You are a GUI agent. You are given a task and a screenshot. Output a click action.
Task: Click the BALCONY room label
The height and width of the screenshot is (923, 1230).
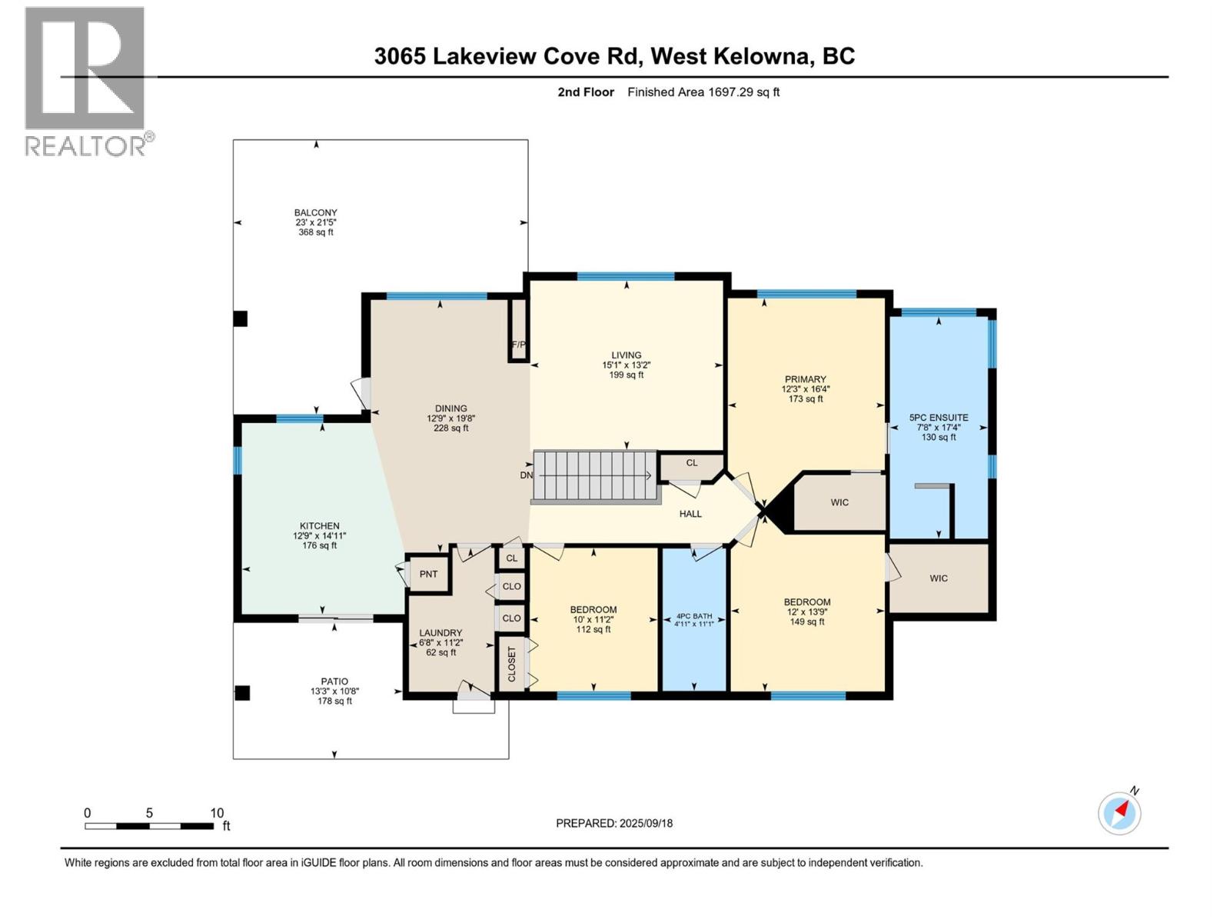pos(315,213)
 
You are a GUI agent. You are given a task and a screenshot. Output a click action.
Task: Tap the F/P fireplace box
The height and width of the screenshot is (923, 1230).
pos(518,331)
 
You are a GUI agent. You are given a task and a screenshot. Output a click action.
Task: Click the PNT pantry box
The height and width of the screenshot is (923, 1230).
pos(428,574)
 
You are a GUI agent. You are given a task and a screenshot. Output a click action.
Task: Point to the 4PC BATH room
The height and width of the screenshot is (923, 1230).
pos(693,620)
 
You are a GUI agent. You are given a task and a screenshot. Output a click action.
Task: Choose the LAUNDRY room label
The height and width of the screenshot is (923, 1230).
pos(440,633)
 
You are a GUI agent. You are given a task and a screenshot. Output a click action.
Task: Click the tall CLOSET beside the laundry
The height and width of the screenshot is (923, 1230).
pos(511,664)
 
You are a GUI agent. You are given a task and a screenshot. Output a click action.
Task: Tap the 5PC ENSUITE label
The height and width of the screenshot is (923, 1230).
pos(939,418)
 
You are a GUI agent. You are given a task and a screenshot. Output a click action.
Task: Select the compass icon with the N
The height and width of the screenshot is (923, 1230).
pos(1119,812)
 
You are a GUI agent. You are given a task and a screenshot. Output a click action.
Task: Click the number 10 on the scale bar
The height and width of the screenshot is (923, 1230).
pos(217,813)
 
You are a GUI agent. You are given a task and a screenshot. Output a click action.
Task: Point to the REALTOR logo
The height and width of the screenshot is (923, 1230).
pos(86,81)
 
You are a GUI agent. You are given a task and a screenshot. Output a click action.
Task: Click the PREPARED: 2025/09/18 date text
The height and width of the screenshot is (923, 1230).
pos(614,823)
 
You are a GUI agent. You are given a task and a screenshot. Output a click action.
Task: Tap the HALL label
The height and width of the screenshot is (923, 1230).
pos(690,514)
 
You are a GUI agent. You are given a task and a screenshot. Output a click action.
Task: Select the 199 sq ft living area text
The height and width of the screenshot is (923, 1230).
pos(627,375)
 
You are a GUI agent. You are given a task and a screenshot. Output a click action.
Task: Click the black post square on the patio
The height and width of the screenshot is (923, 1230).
pos(242,693)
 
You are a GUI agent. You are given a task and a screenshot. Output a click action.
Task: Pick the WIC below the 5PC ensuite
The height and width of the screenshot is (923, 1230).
pos(939,578)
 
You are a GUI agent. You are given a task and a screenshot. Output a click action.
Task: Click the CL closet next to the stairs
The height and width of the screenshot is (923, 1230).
pos(691,463)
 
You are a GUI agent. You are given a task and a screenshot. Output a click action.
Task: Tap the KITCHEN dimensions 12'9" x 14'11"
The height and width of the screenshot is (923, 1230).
pos(319,536)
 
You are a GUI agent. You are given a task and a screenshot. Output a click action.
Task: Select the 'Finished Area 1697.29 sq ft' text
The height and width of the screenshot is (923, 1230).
pos(703,92)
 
